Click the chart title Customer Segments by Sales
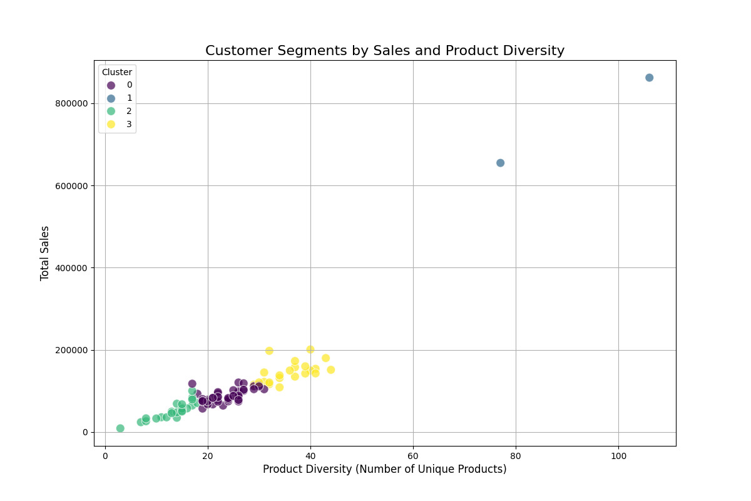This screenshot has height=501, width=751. click(385, 51)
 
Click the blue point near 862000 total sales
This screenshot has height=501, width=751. click(649, 78)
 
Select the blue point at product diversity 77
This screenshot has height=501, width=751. click(500, 163)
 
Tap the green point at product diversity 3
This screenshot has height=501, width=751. click(120, 428)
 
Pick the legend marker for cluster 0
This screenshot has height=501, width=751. click(111, 85)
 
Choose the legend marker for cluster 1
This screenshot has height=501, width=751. click(111, 98)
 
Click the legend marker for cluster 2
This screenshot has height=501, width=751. click(111, 111)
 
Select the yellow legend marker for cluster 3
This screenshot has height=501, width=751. click(111, 124)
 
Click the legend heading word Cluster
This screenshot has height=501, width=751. click(117, 73)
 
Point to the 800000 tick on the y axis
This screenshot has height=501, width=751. click(70, 103)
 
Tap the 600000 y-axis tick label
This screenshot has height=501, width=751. click(70, 186)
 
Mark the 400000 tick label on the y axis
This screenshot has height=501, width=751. click(70, 268)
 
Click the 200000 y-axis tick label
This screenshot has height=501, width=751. click(70, 350)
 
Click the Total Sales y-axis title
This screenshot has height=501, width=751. click(45, 253)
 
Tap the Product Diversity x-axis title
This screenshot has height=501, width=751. click(384, 470)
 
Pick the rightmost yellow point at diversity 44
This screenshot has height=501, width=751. click(330, 369)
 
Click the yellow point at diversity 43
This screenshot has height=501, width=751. click(325, 358)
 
